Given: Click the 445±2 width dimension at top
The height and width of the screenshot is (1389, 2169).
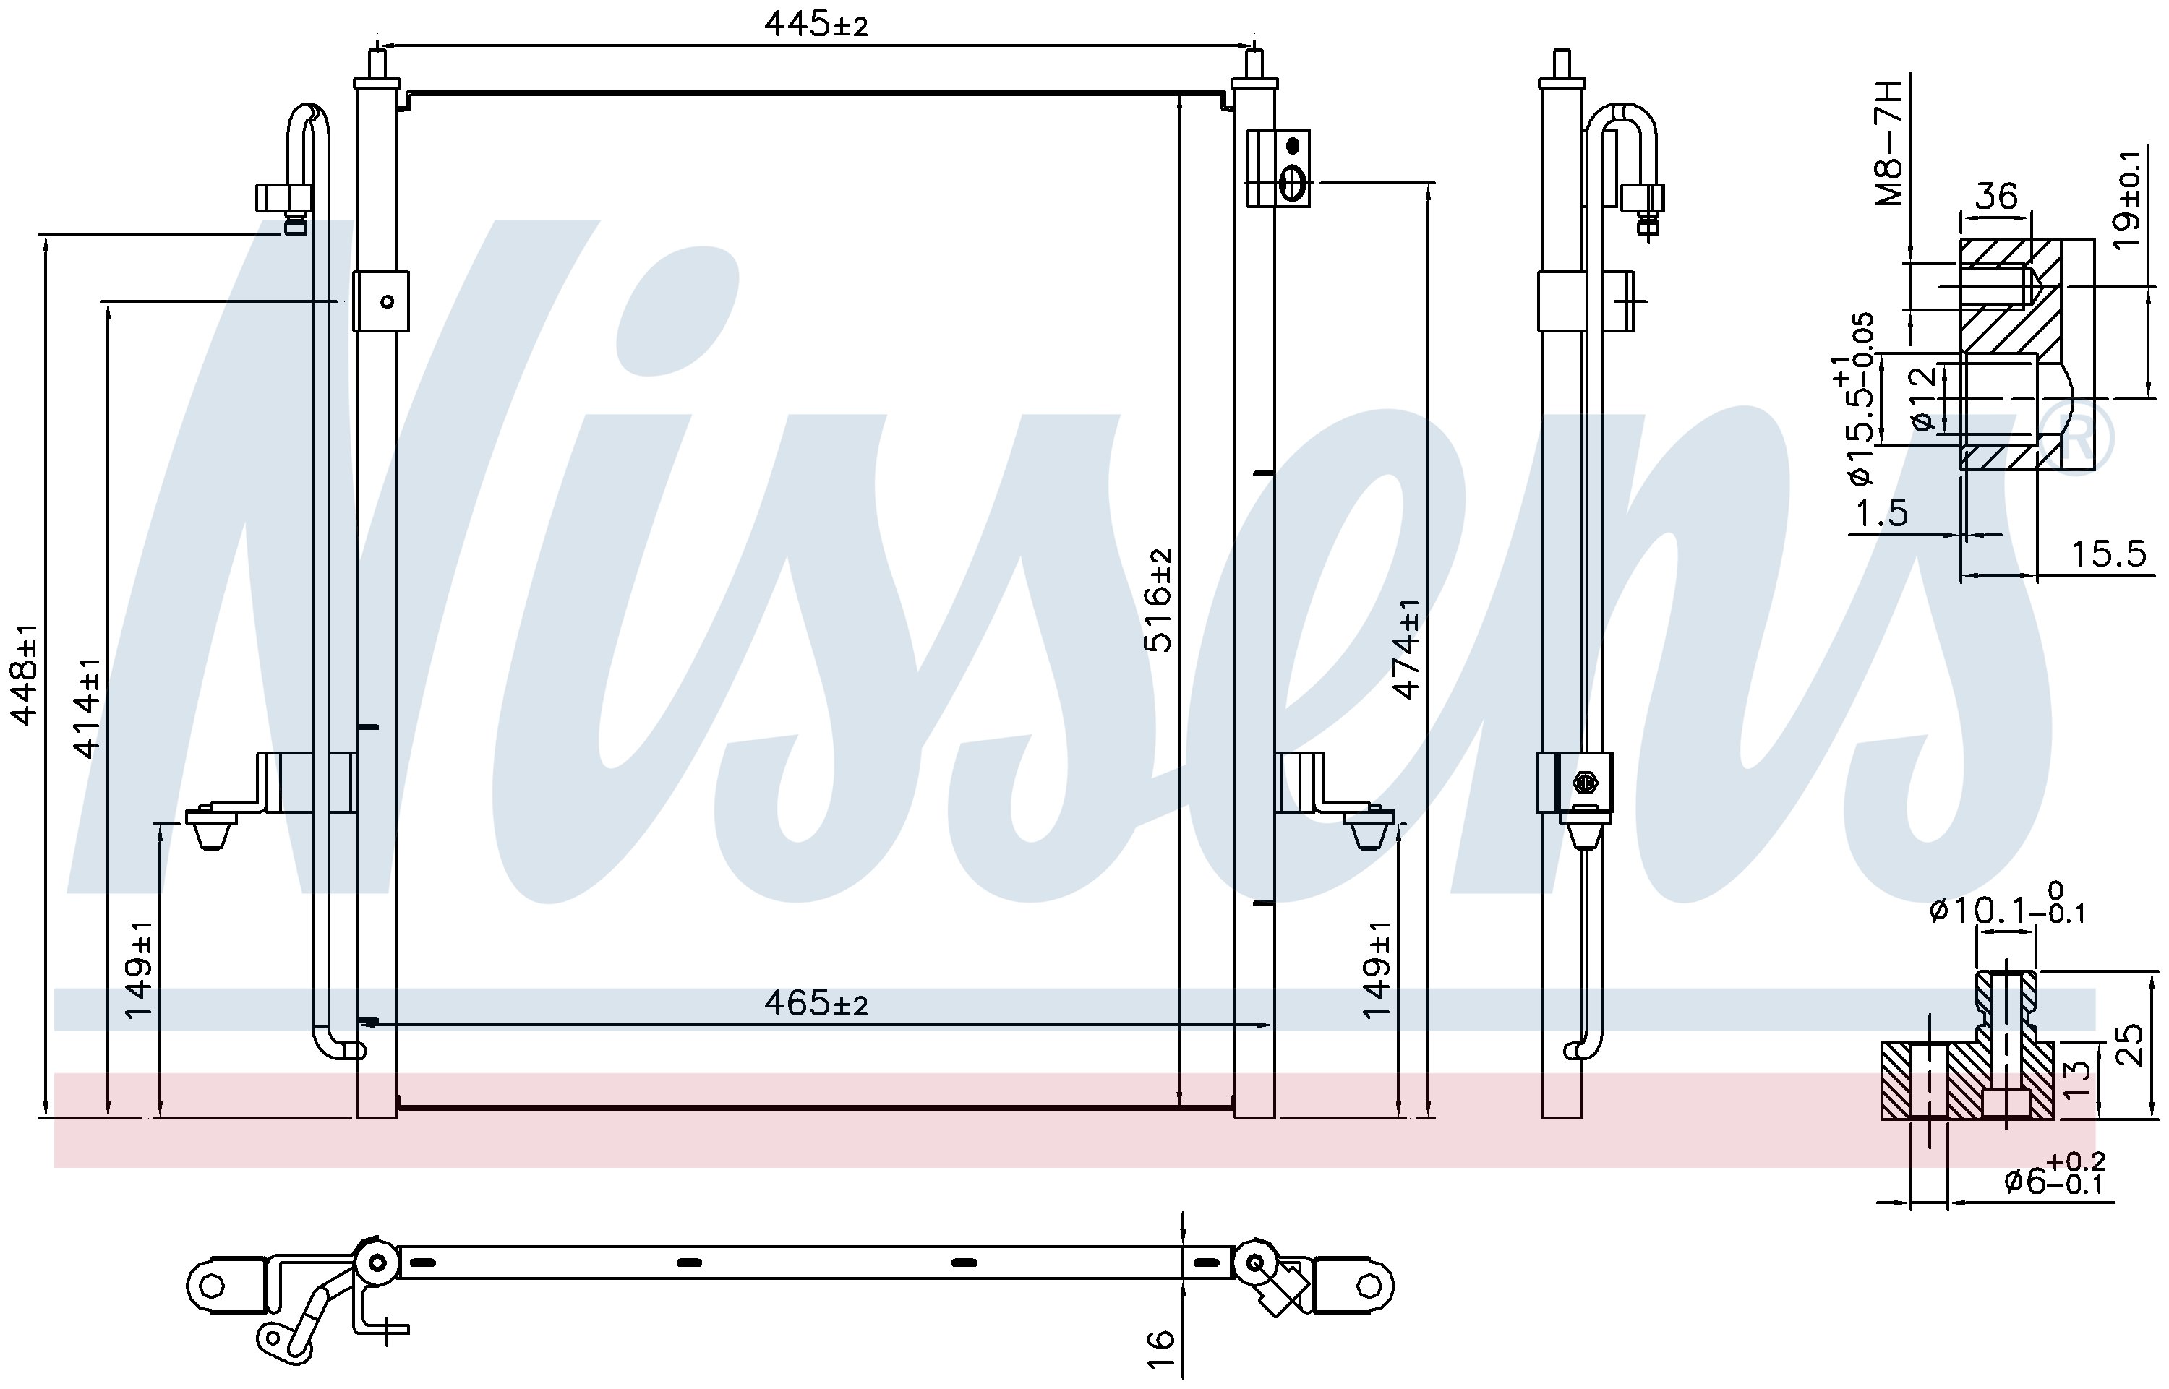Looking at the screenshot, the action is coord(816,25).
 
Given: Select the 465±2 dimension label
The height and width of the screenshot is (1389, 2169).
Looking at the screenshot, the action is coord(816,1002).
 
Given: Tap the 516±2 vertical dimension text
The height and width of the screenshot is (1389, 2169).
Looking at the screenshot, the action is coord(1158,600).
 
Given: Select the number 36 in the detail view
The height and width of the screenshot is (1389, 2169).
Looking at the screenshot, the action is coord(1995,196).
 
